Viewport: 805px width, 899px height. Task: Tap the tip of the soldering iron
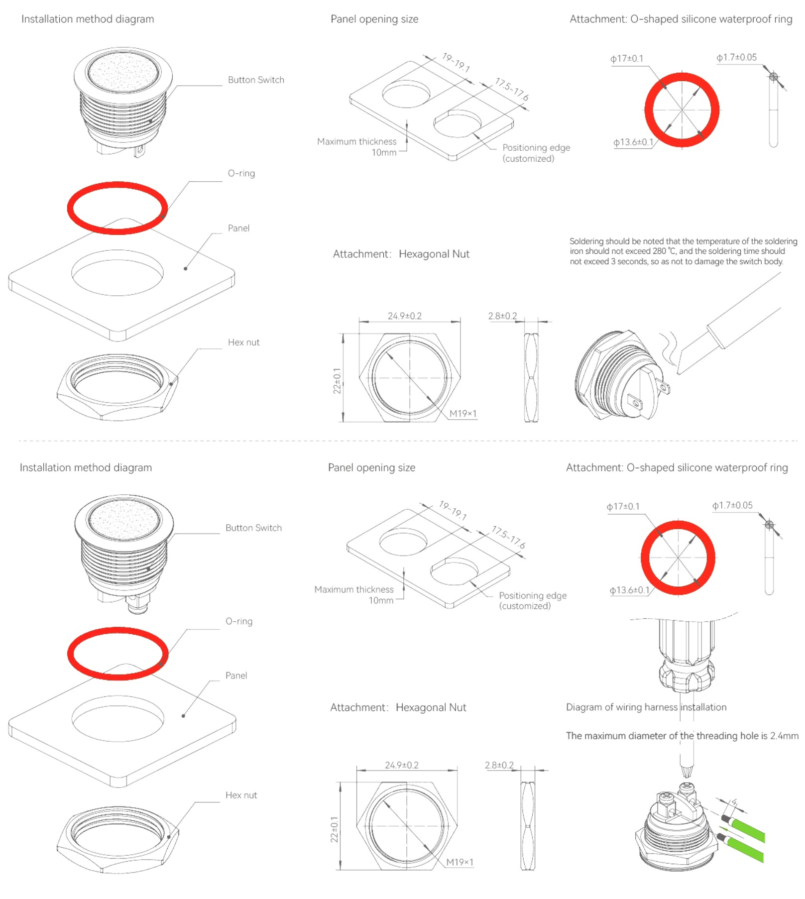(679, 371)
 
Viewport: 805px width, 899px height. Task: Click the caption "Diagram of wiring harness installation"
(646, 707)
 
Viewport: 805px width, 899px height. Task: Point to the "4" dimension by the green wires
(734, 802)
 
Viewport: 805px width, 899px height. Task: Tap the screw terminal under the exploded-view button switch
(137, 605)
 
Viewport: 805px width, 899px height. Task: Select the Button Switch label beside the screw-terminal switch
(253, 528)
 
